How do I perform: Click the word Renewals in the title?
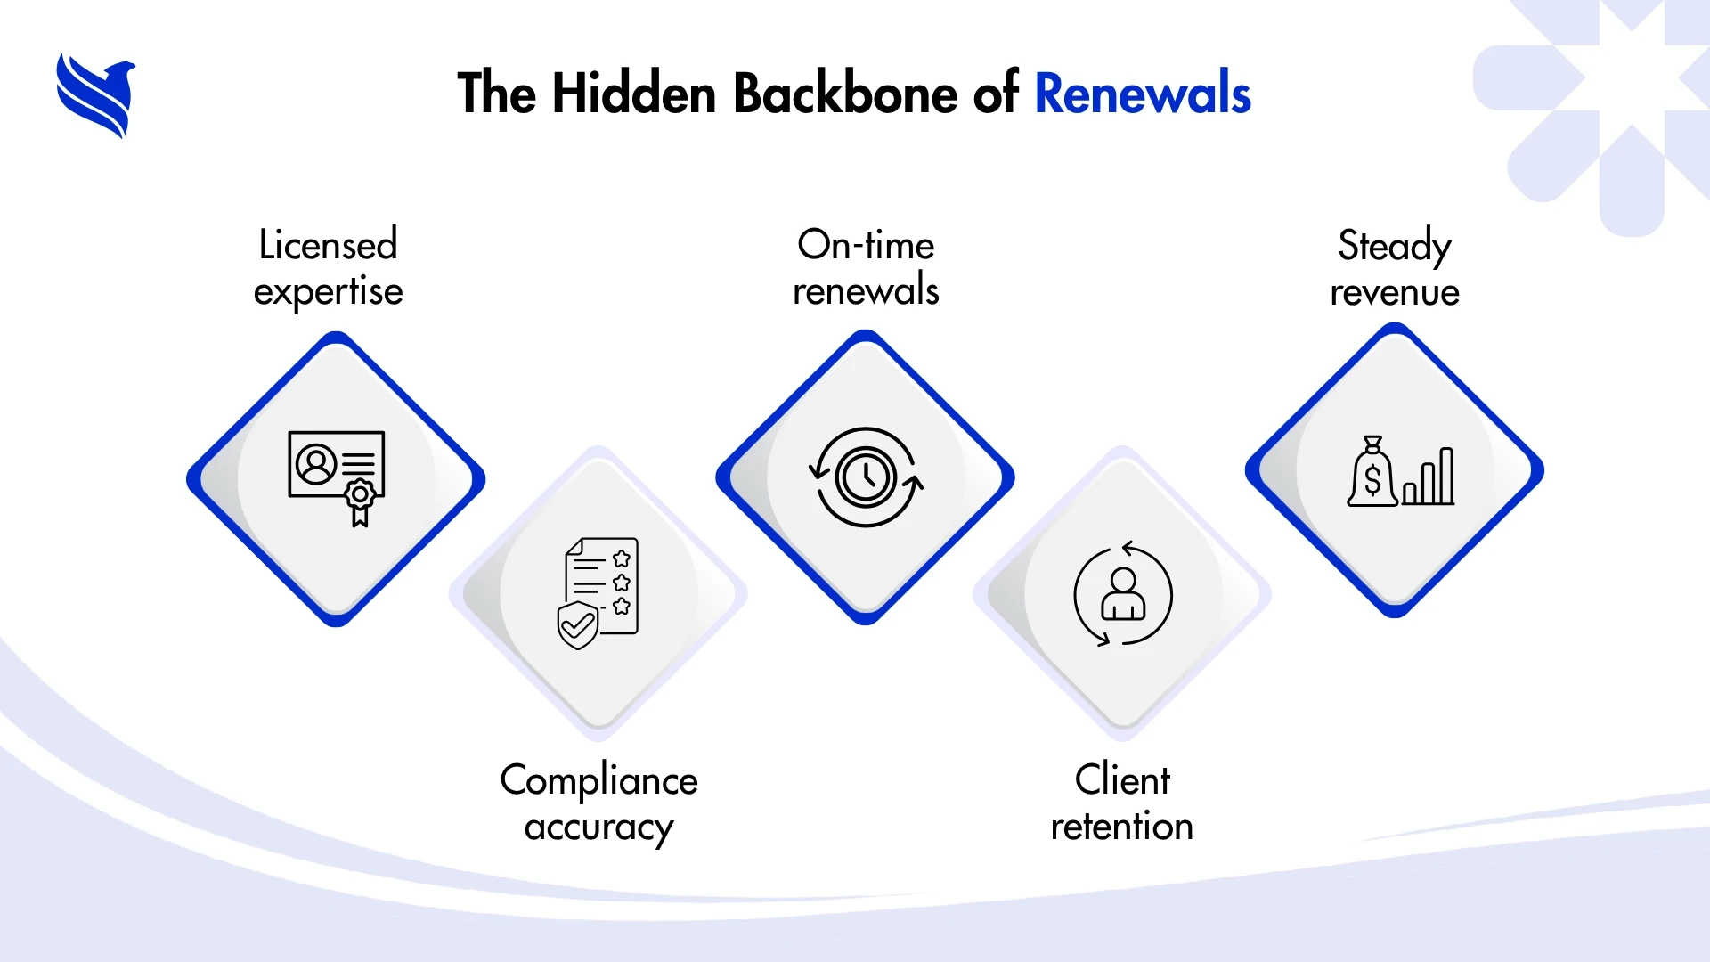coord(1143,94)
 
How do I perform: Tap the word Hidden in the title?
coord(634,94)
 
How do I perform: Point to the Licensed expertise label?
coord(328,268)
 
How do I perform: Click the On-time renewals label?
coord(866,268)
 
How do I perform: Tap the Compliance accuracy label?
coord(598,803)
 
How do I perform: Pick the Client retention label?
coord(1122,803)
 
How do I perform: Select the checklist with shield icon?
coord(598,592)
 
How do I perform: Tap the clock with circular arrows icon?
coord(866,477)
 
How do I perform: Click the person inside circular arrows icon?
coord(1123,594)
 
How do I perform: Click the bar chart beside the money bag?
coord(1429,477)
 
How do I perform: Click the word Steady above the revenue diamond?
coord(1395,246)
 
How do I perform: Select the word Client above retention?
coord(1122,780)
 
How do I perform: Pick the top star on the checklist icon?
coord(622,558)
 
